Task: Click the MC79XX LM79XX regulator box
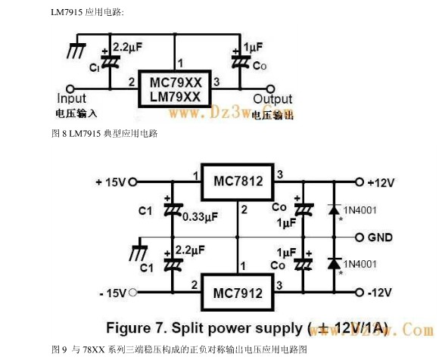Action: pos(174,88)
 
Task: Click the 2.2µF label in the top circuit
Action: pos(128,48)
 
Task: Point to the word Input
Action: pos(72,98)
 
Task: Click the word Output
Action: pos(272,99)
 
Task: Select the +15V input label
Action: pos(111,182)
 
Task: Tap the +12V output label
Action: pos(383,182)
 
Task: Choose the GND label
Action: pos(380,237)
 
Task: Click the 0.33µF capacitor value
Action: pos(201,216)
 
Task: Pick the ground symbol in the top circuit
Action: pos(74,51)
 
